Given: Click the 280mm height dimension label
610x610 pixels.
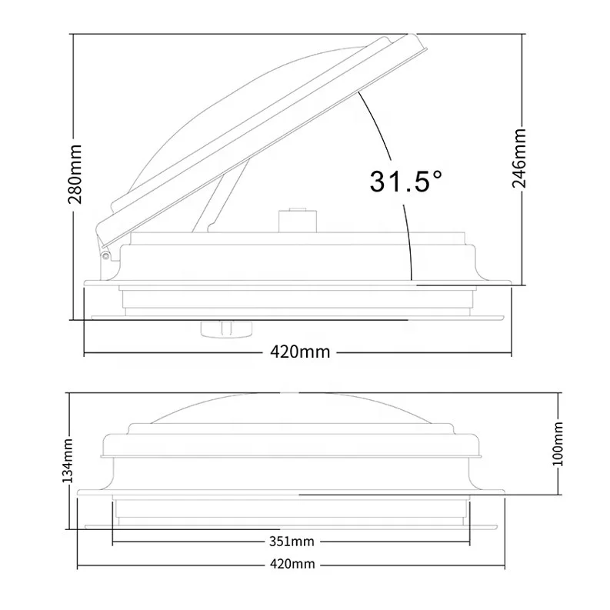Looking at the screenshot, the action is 75,175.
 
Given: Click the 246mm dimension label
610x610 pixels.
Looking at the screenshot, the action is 519,158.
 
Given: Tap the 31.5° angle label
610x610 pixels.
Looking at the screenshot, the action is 405,182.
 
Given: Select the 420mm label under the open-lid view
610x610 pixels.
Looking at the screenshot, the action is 300,352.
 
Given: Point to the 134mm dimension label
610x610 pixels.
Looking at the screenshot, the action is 68,460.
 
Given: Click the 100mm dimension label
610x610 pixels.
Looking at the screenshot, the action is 558,444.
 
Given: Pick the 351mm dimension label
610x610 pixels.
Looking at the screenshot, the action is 292,542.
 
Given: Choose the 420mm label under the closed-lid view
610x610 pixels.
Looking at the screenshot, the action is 292,564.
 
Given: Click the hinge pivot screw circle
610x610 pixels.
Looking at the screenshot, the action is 105,255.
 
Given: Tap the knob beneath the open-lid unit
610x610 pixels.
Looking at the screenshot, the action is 226,328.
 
